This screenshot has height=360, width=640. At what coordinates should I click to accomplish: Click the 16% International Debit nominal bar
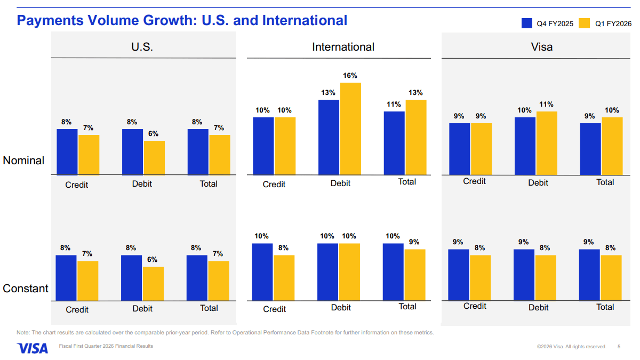click(350, 129)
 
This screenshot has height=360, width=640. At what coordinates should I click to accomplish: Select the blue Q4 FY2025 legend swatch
click(527, 23)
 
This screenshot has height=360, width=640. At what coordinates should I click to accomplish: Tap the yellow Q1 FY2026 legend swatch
click(585, 23)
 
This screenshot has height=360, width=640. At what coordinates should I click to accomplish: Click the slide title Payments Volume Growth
click(182, 20)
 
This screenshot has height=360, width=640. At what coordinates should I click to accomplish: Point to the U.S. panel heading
click(142, 47)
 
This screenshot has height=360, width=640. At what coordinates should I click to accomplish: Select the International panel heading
click(343, 47)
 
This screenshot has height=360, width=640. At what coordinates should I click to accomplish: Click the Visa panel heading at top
click(542, 47)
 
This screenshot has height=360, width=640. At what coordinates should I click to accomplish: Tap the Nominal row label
click(23, 161)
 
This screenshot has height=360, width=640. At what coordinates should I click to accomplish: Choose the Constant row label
click(26, 289)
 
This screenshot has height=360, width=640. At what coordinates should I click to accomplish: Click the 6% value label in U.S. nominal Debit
click(154, 134)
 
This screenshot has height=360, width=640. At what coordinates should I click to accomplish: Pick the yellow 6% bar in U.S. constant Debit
click(154, 284)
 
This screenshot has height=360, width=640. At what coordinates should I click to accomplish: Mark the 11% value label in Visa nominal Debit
click(546, 105)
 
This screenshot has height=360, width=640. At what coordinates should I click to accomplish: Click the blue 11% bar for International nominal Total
click(394, 143)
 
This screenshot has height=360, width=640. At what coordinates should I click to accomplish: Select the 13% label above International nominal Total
click(415, 93)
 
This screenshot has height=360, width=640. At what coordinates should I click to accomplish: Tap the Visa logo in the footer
click(33, 348)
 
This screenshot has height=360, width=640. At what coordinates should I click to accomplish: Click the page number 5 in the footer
click(619, 347)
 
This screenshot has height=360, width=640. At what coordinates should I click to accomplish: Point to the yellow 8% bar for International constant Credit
click(284, 278)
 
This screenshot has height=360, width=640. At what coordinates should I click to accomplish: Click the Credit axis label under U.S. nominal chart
click(77, 185)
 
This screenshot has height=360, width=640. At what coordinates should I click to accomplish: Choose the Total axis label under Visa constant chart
click(605, 307)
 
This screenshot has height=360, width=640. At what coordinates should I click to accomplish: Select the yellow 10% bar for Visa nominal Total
click(612, 146)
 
